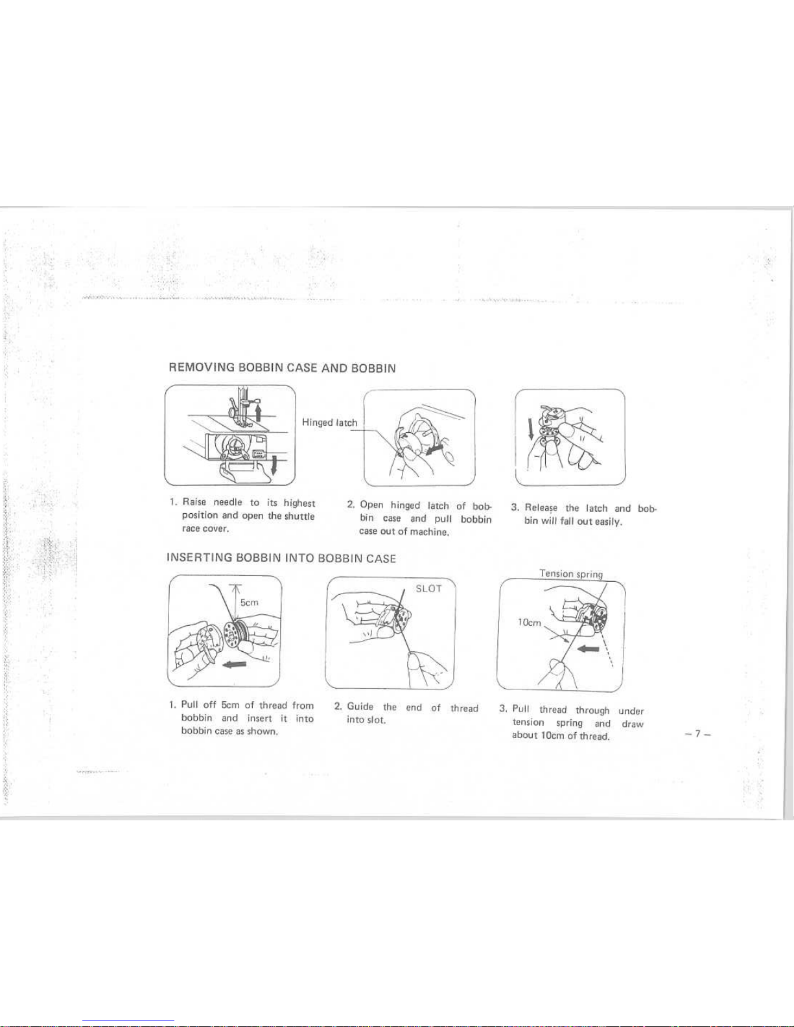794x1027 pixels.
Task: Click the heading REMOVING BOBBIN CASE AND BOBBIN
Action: (282, 367)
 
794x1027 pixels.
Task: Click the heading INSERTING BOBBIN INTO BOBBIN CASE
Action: (281, 558)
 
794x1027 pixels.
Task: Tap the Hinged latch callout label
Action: (329, 422)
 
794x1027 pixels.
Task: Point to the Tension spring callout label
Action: (572, 573)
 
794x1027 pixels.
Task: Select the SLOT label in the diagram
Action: (428, 588)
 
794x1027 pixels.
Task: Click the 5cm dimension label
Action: (249, 602)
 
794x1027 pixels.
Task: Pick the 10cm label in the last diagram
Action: (530, 623)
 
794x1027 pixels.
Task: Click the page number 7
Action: (697, 734)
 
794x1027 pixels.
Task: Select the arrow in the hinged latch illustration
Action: (434, 448)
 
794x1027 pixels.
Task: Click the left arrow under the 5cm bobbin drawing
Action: (234, 665)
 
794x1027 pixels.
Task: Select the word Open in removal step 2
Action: (371, 505)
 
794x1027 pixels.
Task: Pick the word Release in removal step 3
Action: (541, 508)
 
